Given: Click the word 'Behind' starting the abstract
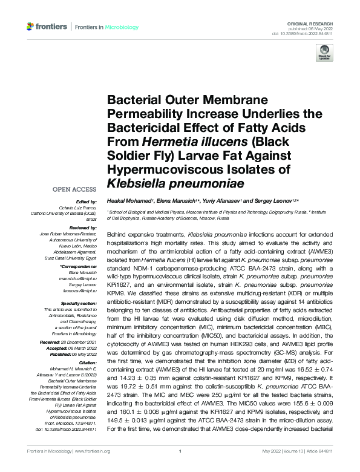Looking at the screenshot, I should click(118, 232).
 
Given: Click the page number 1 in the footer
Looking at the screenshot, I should click(180, 468).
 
